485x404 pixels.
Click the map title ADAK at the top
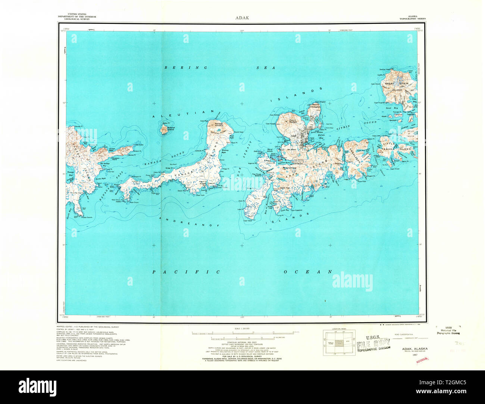tap(242, 17)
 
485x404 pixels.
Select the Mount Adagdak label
tap(316, 106)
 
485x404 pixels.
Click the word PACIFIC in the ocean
tap(187, 272)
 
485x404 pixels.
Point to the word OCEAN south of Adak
tap(307, 272)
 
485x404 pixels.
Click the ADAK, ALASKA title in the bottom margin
tap(415, 349)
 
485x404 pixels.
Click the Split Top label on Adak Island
tap(285, 187)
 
